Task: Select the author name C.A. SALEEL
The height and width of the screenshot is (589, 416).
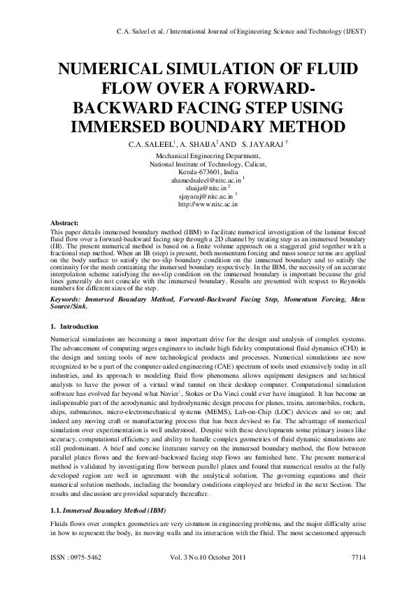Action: coord(149,144)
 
